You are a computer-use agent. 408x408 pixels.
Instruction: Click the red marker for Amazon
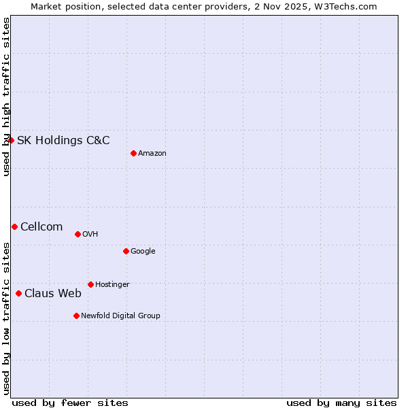point(133,153)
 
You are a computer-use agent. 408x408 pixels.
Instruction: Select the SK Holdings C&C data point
point(11,140)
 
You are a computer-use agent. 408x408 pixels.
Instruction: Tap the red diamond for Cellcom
point(14,226)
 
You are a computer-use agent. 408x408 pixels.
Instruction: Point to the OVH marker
point(78,234)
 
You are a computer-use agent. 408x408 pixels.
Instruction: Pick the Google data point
point(126,251)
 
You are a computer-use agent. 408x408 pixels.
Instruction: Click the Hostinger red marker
point(90,284)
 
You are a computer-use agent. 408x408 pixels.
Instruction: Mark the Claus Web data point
point(18,293)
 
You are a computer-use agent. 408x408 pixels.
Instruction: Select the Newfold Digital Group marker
point(76,316)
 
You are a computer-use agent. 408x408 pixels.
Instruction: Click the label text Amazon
point(152,154)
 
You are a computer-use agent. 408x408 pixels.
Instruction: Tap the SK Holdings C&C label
point(63,141)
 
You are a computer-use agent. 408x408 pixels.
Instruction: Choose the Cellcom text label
point(41,227)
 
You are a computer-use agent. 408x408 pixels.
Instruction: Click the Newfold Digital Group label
point(120,316)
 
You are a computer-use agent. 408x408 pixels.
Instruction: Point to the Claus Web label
point(53,294)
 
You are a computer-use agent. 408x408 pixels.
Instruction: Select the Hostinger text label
point(112,284)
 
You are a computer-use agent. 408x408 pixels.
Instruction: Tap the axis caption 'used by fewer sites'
point(70,403)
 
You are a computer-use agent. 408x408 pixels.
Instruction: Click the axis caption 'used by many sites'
point(341,403)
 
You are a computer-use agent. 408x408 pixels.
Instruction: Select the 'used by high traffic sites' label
point(6,97)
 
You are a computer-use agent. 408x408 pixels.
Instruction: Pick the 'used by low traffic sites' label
point(6,318)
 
